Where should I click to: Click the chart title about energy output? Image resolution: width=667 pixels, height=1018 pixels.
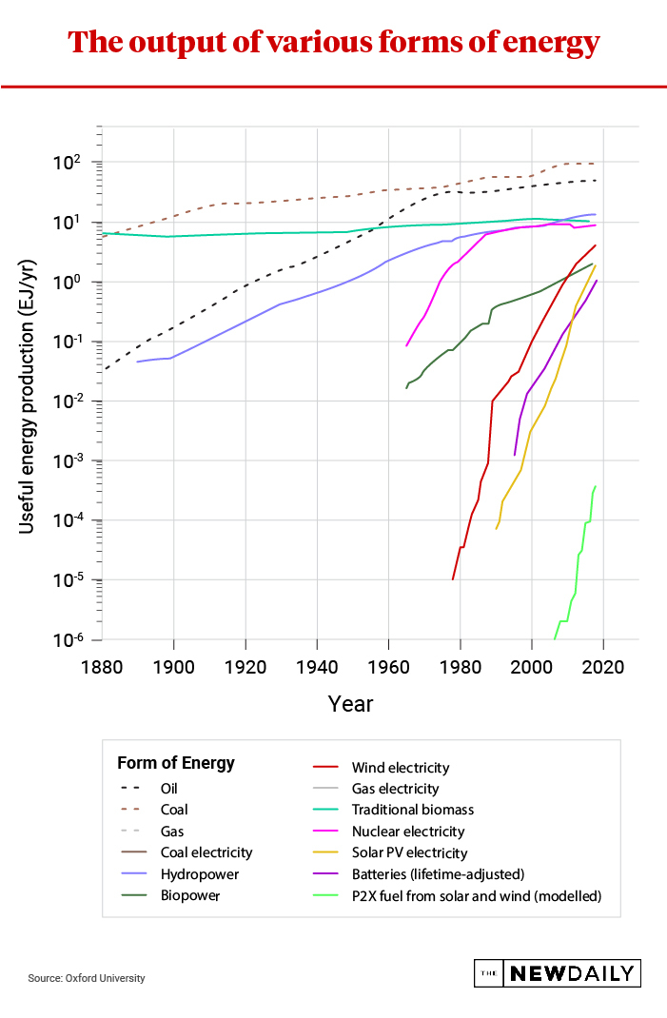tap(333, 43)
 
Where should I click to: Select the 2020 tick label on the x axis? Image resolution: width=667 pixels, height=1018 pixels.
tap(602, 666)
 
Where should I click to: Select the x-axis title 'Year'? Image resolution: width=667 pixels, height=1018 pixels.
tap(350, 704)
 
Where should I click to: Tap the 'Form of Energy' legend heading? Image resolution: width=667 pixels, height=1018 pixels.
tap(175, 763)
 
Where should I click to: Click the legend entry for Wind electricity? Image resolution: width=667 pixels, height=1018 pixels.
tap(400, 768)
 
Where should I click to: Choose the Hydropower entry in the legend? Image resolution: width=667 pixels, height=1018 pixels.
tap(199, 873)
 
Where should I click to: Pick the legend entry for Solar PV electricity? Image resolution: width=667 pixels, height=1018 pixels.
tap(409, 852)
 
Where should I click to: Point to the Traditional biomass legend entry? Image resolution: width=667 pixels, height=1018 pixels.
tap(412, 810)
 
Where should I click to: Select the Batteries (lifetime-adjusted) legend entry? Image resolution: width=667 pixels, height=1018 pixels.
tap(438, 873)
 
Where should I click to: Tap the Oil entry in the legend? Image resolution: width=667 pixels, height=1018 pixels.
tap(169, 789)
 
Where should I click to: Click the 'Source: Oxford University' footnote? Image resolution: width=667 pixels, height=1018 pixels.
tap(87, 978)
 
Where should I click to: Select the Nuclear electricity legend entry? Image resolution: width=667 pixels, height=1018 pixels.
tap(407, 832)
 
